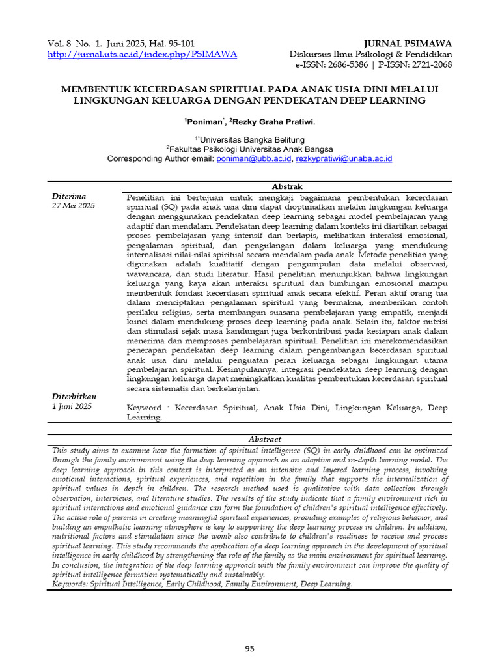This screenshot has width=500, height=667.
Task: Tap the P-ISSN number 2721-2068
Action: (426, 64)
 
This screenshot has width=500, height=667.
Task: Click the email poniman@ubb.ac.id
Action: (253, 158)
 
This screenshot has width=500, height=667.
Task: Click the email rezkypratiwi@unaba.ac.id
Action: (344, 158)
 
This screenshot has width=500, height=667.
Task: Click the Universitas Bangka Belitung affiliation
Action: (252, 139)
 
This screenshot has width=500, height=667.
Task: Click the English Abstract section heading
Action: (250, 440)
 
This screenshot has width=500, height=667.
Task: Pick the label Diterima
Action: (68, 196)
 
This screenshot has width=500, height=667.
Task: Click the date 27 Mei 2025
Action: (73, 206)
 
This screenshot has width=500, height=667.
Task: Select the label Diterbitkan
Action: (74, 396)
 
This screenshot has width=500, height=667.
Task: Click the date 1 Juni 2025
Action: (72, 406)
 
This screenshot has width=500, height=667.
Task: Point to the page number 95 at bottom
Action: (250, 648)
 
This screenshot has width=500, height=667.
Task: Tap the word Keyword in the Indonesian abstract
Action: (145, 408)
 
